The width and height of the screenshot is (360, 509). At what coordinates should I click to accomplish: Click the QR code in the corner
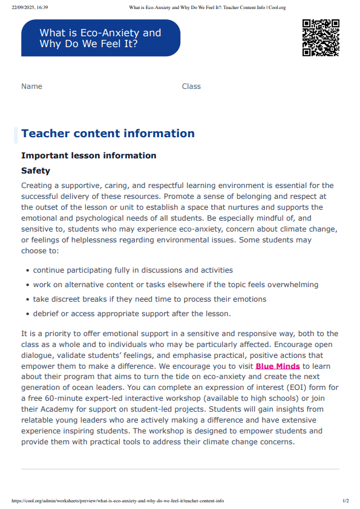coord(320,37)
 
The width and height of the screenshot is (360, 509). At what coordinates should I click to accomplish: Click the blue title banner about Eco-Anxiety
coord(100,38)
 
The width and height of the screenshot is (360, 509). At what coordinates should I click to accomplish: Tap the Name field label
coord(31,86)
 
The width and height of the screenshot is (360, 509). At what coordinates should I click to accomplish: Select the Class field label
coord(191,86)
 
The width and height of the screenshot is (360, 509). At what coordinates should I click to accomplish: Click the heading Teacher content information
coord(108,134)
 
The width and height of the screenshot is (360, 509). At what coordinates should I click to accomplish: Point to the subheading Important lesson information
coord(88,155)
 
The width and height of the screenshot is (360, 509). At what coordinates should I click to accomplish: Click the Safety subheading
coord(36,171)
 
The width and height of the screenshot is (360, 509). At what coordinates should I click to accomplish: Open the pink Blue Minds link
coord(278,366)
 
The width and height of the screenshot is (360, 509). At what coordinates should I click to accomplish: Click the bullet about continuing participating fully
coord(133,270)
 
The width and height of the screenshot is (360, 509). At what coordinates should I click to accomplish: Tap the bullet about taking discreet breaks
coord(149,299)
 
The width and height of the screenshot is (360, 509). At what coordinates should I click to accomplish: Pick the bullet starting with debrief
coord(131,314)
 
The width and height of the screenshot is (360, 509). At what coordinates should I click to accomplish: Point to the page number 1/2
coord(345,501)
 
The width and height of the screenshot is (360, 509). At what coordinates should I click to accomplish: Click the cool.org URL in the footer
coord(118,501)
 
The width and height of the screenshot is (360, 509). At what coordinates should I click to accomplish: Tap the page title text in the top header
coord(208,7)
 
